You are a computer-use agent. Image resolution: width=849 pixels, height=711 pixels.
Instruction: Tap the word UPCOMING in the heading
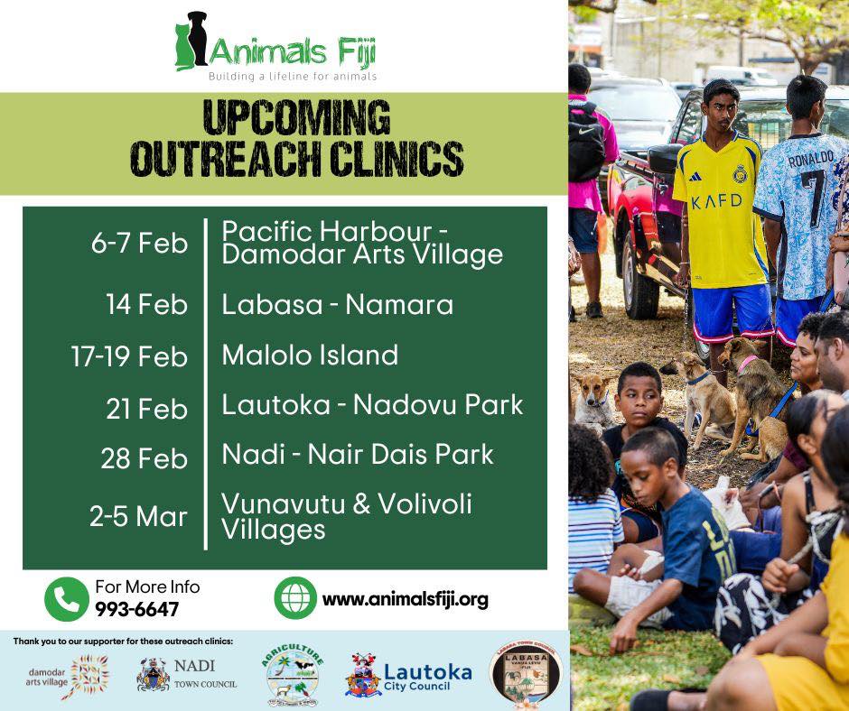[296, 117]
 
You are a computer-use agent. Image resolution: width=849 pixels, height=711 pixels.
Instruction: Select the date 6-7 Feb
[139, 244]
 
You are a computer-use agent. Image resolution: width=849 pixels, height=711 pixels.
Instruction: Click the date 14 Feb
[146, 304]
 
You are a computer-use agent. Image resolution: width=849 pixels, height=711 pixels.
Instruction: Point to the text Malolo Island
[310, 355]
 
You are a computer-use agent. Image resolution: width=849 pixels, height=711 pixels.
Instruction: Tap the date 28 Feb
[144, 457]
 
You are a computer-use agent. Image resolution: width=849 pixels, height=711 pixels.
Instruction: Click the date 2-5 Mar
[138, 516]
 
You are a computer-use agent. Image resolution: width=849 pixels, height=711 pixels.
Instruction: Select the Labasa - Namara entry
[337, 305]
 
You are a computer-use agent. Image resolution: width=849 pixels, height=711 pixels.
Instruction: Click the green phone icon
[67, 598]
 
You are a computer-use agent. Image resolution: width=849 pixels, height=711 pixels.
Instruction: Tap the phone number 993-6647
[136, 609]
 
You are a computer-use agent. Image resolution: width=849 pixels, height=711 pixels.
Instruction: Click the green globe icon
[295, 598]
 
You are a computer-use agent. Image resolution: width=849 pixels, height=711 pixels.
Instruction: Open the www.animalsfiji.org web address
[405, 599]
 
